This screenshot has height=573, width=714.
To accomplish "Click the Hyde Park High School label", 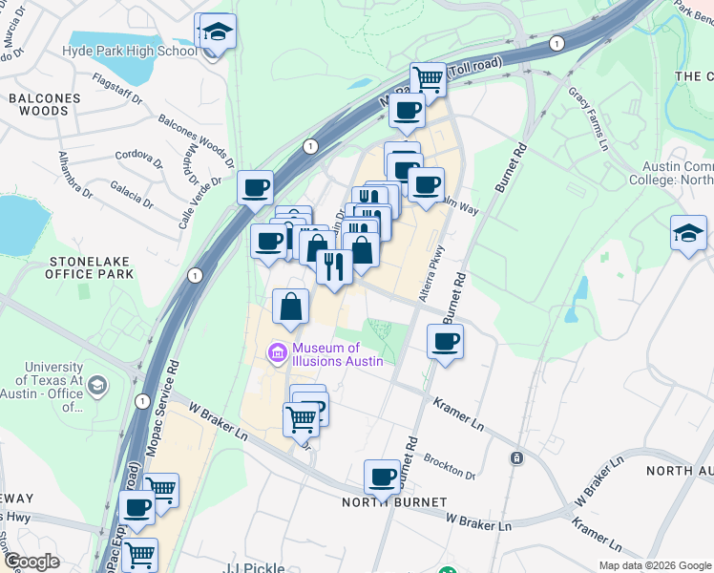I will pyautogui.click(x=129, y=51).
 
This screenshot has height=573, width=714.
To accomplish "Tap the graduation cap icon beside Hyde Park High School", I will pyautogui.click(x=218, y=32).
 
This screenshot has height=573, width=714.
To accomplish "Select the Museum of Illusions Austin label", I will pyautogui.click(x=338, y=354).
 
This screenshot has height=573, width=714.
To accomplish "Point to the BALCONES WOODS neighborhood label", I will pyautogui.click(x=39, y=104).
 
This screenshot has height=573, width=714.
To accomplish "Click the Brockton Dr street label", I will pyautogui.click(x=450, y=467).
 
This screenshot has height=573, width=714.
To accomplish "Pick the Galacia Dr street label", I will pyautogui.click(x=132, y=192).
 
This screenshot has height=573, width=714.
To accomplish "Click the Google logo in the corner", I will pyautogui.click(x=31, y=562).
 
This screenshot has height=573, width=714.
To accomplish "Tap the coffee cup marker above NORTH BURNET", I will pyautogui.click(x=383, y=477).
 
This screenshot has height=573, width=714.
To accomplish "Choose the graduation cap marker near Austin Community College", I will pyautogui.click(x=688, y=234).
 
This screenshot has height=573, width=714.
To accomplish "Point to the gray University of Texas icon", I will pyautogui.click(x=95, y=385).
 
